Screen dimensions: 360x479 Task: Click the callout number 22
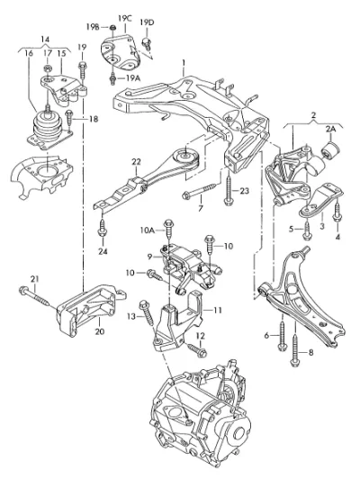click(136, 162)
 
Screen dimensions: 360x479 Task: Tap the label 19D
click(148, 23)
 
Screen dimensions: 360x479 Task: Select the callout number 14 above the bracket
click(45, 40)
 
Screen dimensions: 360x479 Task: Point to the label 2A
click(330, 130)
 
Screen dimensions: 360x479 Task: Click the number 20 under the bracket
click(100, 331)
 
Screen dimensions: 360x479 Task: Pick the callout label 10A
click(148, 230)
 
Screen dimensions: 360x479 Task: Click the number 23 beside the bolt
click(244, 191)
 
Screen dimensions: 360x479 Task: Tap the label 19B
click(93, 27)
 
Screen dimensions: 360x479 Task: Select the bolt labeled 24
click(103, 226)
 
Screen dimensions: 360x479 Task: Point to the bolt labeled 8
click(295, 350)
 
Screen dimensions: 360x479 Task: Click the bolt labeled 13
click(147, 312)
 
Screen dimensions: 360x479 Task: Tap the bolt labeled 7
click(201, 191)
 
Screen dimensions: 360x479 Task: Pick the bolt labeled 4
click(337, 212)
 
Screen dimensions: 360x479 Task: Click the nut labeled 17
click(47, 68)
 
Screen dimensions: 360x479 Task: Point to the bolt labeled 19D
click(147, 44)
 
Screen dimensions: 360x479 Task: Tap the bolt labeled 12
click(197, 350)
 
